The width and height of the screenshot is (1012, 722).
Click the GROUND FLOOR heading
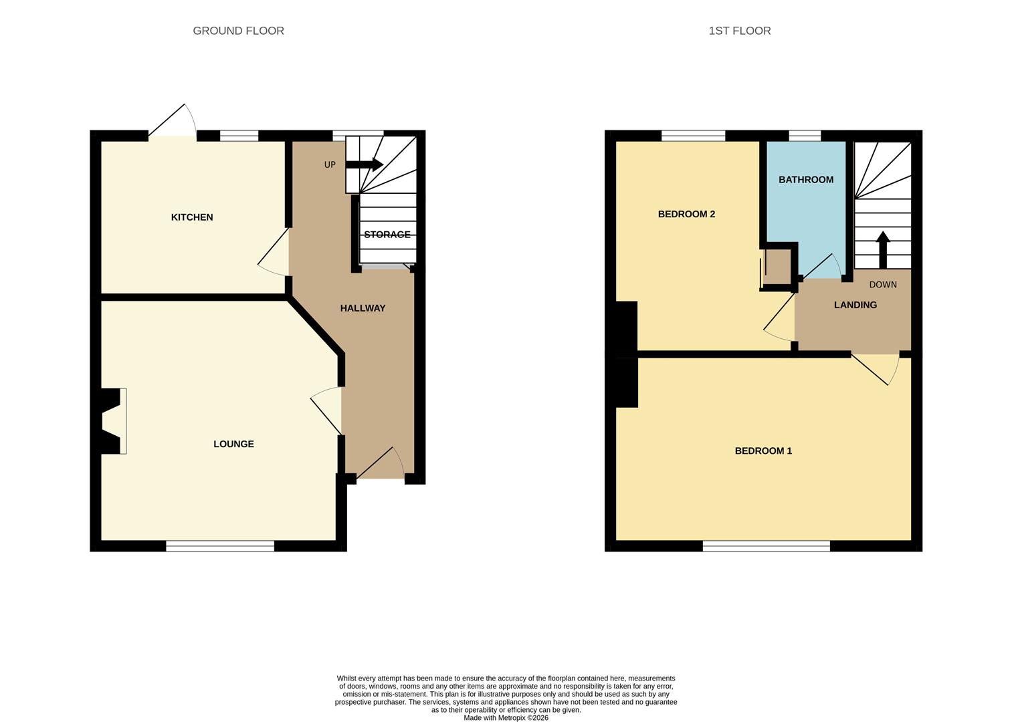point(238,31)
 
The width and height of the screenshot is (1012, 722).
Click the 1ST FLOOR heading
point(739,31)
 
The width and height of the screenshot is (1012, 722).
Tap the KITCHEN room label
point(192,217)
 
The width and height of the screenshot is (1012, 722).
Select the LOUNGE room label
point(233,444)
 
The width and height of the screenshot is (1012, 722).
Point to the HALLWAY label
point(363,308)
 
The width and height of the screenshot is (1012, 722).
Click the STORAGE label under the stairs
point(387,235)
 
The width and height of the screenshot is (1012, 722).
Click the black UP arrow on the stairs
point(364,164)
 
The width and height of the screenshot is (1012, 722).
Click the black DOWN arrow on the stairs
point(882,249)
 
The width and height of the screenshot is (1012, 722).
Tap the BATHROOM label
point(805,180)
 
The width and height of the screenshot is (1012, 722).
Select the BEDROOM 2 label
point(686,214)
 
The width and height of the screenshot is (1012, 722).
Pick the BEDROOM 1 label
point(763,451)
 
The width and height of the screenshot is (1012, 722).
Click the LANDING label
point(855,305)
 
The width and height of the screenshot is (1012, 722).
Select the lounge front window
point(220,546)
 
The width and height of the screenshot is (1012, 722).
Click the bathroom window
point(805,136)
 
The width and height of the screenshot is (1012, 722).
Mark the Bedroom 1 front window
point(766,546)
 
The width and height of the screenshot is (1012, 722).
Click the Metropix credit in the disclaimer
point(506,718)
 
